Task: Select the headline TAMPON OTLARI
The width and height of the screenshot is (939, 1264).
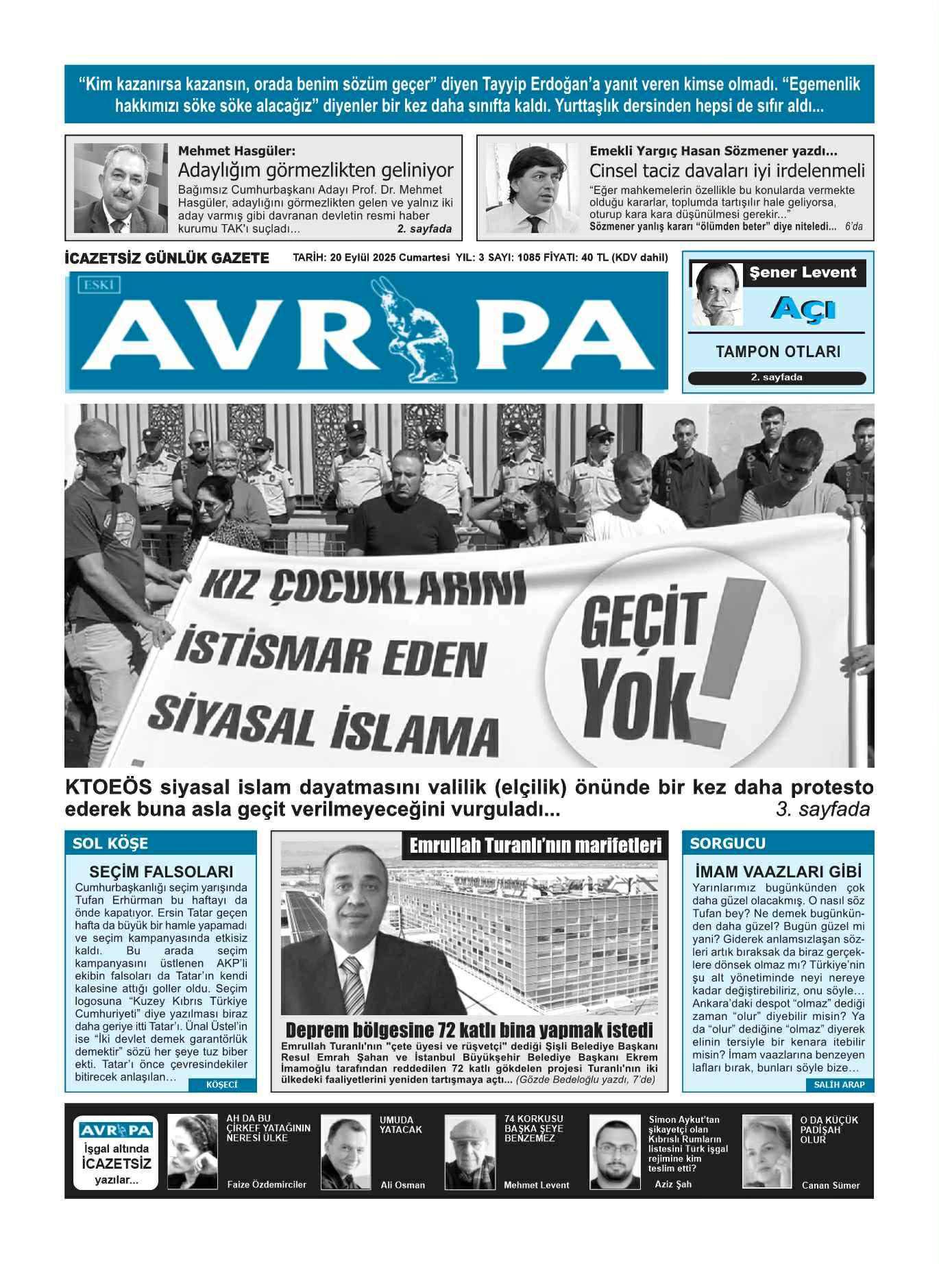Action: pyautogui.click(x=778, y=352)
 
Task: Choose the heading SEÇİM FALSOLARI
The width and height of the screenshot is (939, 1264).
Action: pyautogui.click(x=161, y=872)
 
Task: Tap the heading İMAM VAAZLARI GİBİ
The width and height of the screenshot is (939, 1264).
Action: pyautogui.click(x=778, y=872)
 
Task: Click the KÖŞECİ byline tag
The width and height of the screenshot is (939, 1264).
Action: pyautogui.click(x=221, y=1085)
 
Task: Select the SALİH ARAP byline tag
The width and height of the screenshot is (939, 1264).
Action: pyautogui.click(x=839, y=1085)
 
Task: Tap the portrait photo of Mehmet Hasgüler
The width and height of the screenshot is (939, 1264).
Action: pyautogui.click(x=121, y=189)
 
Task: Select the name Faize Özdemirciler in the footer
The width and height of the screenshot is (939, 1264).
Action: pyautogui.click(x=267, y=1184)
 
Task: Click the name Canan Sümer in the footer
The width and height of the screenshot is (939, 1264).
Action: pyautogui.click(x=830, y=1185)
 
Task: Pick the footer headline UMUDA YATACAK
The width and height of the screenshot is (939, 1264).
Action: pyautogui.click(x=401, y=1125)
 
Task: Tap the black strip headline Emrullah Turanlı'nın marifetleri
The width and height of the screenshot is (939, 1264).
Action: pyautogui.click(x=535, y=846)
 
